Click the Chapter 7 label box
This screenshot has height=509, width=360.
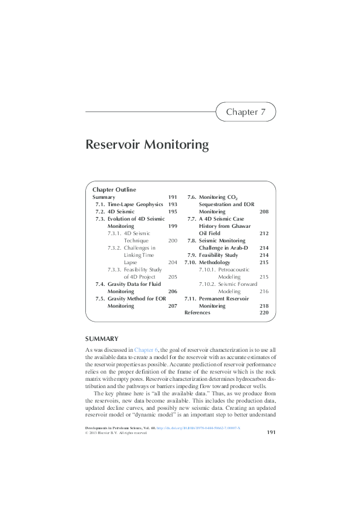[246, 112]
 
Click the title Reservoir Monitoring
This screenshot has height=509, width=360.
[147, 145]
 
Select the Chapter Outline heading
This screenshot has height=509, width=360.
[114, 189]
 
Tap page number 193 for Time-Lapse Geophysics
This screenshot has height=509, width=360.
[172, 205]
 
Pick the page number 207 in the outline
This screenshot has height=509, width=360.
[172, 306]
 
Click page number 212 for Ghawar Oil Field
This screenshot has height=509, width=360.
[263, 233]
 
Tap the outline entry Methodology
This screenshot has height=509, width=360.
[215, 263]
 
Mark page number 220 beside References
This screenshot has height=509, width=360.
[263, 313]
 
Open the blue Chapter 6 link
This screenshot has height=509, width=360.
[146, 350]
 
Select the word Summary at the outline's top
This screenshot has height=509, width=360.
[103, 197]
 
